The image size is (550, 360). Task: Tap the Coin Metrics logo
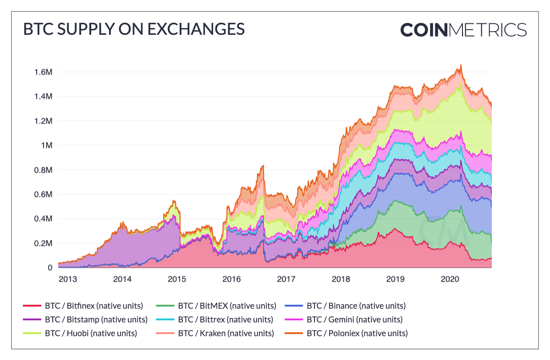tap(463, 30)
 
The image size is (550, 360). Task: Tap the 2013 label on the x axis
tap(68, 279)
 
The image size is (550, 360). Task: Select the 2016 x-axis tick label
tap(231, 279)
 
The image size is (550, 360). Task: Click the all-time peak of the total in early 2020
tap(461, 65)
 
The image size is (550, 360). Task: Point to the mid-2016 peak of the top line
tap(263, 166)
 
